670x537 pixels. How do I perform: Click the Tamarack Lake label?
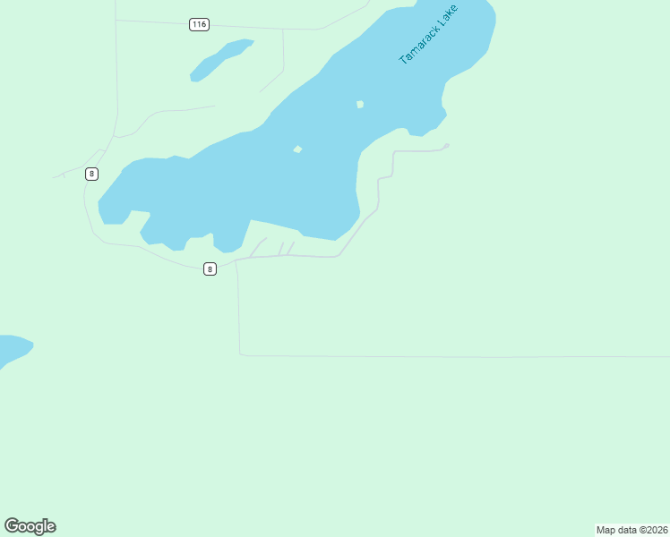(x=428, y=35)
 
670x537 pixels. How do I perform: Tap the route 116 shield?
(x=200, y=24)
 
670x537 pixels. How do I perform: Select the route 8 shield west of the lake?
(x=91, y=174)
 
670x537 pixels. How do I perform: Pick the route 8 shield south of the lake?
(x=210, y=268)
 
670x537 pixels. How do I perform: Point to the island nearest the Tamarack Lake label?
(x=360, y=105)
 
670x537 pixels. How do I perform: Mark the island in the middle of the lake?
(x=297, y=149)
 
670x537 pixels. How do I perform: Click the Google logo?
(x=30, y=526)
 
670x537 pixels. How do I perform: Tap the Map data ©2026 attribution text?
(x=632, y=530)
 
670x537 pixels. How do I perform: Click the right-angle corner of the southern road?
(x=240, y=354)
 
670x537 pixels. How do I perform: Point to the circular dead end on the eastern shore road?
(x=446, y=146)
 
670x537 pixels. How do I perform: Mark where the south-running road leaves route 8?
(x=236, y=261)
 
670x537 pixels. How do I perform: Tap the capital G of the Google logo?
(x=12, y=525)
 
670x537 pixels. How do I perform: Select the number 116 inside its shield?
(x=200, y=24)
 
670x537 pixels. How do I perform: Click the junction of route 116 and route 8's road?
(x=116, y=21)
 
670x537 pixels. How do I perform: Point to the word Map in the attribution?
(x=606, y=530)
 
